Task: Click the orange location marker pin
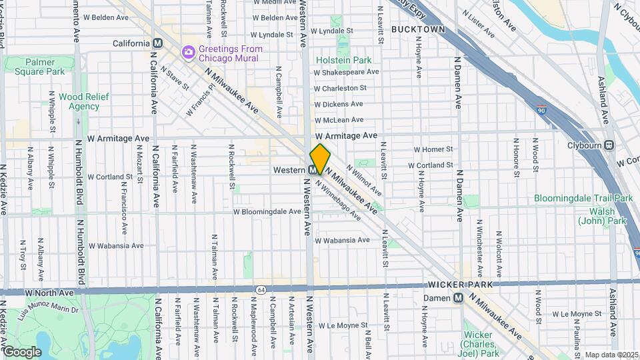pyautogui.click(x=320, y=159)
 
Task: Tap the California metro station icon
pyautogui.click(x=158, y=43)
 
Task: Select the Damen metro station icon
pyautogui.click(x=458, y=298)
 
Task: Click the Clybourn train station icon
pyautogui.click(x=609, y=146)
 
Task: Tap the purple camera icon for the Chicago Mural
pyautogui.click(x=189, y=51)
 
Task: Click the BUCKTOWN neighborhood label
pyautogui.click(x=418, y=29)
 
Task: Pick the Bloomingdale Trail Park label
pyautogui.click(x=583, y=198)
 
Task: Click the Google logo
pyautogui.click(x=22, y=351)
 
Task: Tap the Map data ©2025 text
pyautogui.click(x=611, y=355)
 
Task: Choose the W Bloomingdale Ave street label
pyautogui.click(x=267, y=211)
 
